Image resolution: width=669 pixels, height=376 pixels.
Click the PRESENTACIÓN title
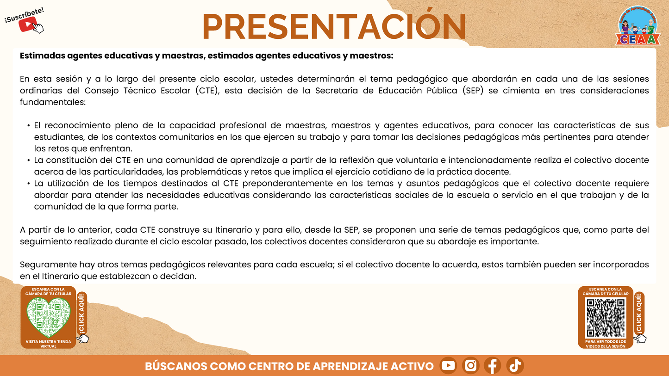pos(334,27)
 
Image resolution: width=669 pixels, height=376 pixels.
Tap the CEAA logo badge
pos(638,26)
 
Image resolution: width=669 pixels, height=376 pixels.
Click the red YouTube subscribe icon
pos(27,24)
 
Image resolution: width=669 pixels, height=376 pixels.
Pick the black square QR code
pos(606,318)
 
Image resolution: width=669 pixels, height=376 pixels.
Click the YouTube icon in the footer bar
pos(448,366)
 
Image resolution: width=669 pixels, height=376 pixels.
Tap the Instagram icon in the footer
pos(470,366)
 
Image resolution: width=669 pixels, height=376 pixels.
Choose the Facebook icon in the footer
pos(493,366)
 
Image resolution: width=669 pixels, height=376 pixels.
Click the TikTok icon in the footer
pos(515,366)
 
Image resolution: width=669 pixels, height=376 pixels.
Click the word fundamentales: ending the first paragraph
pos(53,102)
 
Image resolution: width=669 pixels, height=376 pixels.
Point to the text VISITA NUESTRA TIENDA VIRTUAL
pos(48,344)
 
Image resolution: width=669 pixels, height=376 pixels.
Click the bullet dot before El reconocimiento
pos(29,126)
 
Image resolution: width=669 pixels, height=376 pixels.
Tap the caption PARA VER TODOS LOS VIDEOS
pos(606,344)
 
